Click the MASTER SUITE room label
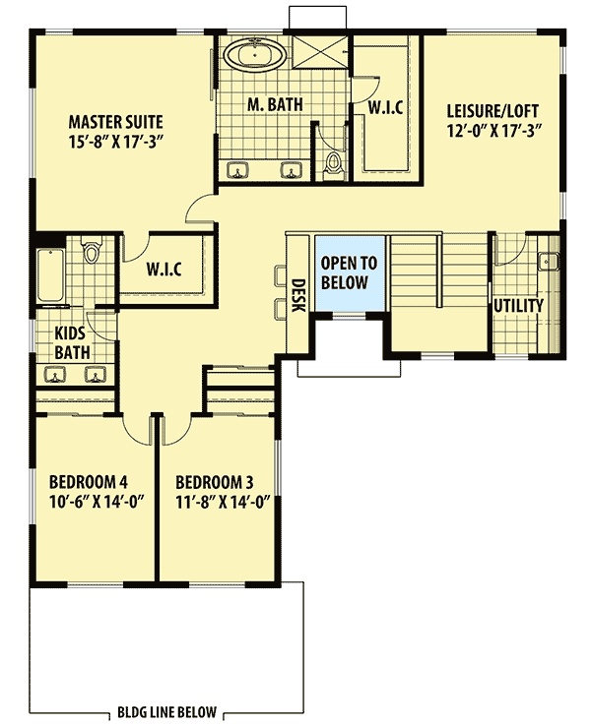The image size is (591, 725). point(115,122)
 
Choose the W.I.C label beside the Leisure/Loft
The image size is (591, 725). point(383,106)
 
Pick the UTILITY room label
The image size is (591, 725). point(518,306)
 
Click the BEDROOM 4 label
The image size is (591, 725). point(89,482)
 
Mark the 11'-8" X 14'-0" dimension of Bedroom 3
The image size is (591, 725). point(222,501)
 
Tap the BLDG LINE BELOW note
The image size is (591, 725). point(164,712)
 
